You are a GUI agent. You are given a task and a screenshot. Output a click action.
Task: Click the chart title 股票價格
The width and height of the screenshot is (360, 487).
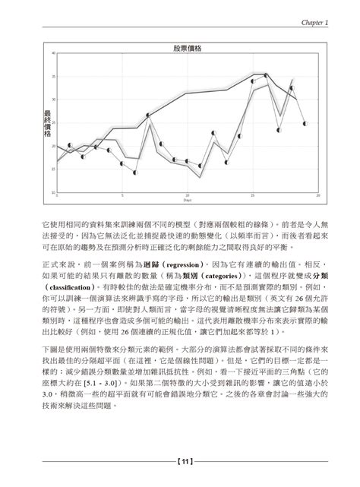tap(187, 47)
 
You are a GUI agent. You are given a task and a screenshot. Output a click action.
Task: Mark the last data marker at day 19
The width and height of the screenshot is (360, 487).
tap(305, 123)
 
